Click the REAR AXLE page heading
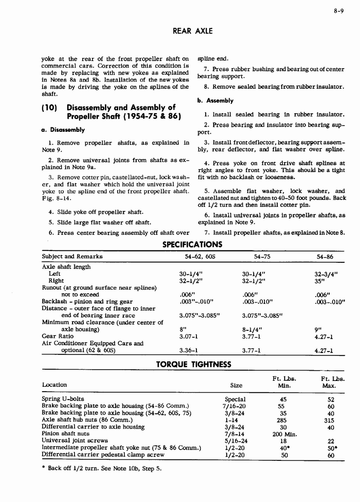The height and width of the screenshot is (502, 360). click(193, 31)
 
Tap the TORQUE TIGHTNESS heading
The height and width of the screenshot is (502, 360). click(193, 364)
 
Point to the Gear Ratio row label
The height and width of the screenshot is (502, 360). click(55, 336)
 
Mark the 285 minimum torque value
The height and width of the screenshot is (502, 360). click(282, 420)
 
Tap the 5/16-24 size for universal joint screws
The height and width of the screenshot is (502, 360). click(236, 441)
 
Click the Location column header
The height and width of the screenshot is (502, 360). click(54, 385)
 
